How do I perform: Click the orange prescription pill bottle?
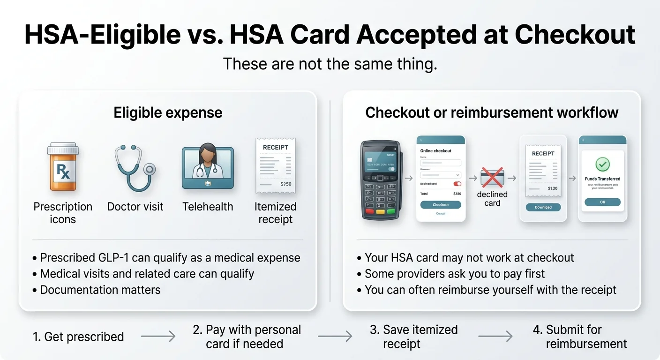[63, 167]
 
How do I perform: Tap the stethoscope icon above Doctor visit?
[135, 167]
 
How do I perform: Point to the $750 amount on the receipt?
[286, 184]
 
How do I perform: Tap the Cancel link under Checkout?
[441, 213]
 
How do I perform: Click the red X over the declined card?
[492, 178]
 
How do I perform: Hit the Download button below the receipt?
[543, 207]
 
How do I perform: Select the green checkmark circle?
[602, 164]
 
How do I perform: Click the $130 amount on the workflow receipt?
[552, 188]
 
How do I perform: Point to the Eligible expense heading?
[168, 113]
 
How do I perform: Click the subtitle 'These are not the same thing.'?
[330, 64]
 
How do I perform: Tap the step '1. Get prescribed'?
[78, 337]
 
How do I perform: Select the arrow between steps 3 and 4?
[495, 336]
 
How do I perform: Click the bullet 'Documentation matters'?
[100, 290]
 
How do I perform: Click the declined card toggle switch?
[457, 184]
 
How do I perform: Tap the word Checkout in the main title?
[575, 34]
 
